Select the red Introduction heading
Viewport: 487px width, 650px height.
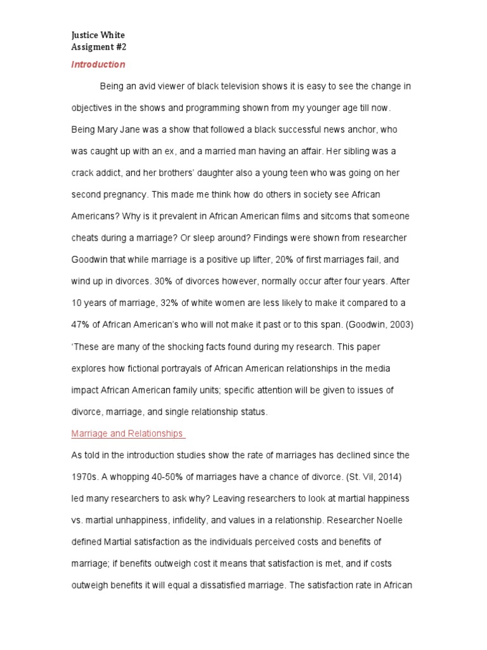click(x=98, y=64)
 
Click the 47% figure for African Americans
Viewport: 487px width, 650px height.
click(x=80, y=324)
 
